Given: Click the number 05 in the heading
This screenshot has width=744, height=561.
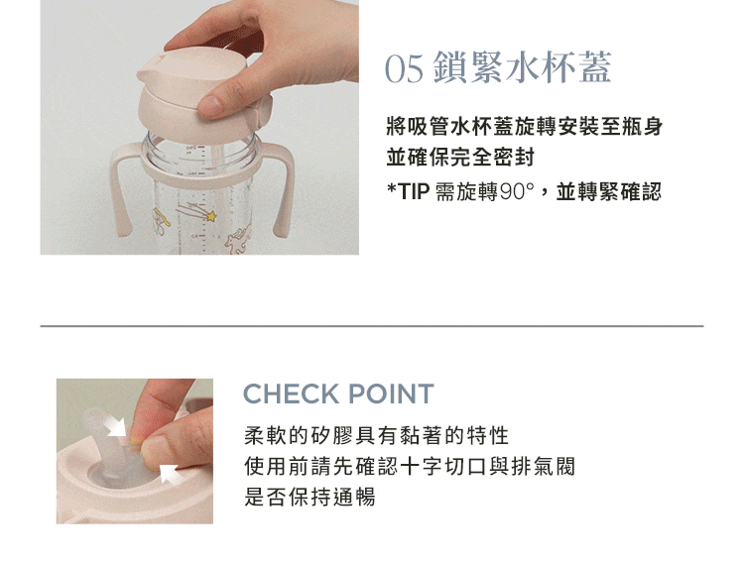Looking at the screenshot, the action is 404,68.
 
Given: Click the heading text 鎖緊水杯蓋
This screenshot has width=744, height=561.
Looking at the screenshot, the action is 523,67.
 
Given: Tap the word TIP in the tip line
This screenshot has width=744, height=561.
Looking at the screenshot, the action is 414,192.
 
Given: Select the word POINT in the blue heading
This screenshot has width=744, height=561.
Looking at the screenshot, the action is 391,393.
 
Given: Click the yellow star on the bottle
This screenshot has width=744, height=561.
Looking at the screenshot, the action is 211,216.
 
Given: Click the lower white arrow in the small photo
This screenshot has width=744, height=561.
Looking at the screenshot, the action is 170,473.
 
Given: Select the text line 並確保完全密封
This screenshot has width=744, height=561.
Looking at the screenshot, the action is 460,158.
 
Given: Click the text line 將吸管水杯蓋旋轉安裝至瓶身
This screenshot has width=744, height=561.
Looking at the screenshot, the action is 525,127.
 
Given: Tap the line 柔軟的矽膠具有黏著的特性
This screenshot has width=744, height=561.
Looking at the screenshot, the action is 377,436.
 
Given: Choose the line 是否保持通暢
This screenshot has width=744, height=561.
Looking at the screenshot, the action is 310,497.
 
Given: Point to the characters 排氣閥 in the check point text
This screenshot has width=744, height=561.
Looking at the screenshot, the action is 544,466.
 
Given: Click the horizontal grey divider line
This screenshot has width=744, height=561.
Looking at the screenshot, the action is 372,326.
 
